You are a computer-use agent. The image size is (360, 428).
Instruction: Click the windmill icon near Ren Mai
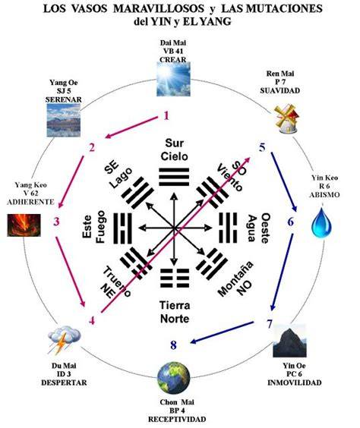[x=286, y=118]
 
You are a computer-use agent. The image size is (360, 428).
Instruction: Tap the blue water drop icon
[x=322, y=222]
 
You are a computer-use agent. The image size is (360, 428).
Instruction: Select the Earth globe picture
[x=174, y=377]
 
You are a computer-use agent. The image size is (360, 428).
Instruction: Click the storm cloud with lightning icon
[x=65, y=338]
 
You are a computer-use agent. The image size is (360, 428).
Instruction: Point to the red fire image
[x=24, y=225]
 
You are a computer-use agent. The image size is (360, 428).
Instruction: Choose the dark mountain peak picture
[x=289, y=341]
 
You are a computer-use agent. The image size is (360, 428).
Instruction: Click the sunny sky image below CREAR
[x=173, y=79]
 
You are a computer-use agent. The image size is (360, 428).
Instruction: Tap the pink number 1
[x=166, y=116]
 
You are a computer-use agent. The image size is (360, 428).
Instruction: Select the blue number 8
[x=173, y=345]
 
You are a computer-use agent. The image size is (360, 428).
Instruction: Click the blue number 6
[x=291, y=222]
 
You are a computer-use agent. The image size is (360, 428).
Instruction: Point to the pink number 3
[x=56, y=222]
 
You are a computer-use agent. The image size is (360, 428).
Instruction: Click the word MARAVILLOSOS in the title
[x=159, y=9]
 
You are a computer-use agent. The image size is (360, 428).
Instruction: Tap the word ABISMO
[x=324, y=195]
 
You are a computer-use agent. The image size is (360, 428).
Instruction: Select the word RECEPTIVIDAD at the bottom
[x=177, y=419]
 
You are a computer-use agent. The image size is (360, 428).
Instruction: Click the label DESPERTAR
[x=64, y=382]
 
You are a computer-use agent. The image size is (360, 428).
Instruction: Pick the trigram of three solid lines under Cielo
[x=174, y=177]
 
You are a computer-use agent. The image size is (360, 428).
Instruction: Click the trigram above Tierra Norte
[x=174, y=278]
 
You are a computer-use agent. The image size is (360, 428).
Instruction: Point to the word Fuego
[x=100, y=227]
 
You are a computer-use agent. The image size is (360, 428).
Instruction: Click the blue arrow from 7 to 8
[x=223, y=332]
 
